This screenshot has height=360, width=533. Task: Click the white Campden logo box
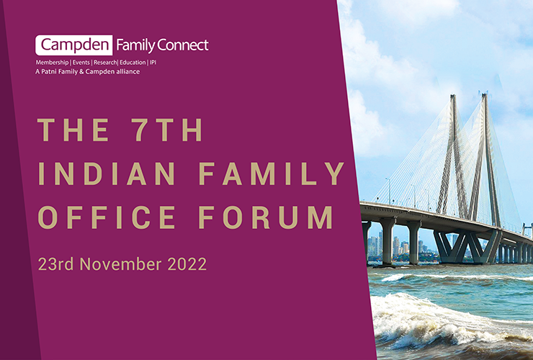(73, 45)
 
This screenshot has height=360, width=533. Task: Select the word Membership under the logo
(52, 63)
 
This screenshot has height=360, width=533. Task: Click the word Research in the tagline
(105, 63)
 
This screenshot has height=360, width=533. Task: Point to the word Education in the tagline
(133, 63)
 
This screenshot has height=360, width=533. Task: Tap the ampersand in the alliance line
(81, 71)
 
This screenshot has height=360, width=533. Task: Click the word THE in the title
(73, 130)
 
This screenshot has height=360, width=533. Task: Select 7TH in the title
(167, 130)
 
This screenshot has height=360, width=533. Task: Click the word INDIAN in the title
(107, 174)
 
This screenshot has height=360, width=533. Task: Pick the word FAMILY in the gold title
(272, 174)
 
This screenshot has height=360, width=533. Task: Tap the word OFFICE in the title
(107, 217)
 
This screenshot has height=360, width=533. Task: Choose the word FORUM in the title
(266, 217)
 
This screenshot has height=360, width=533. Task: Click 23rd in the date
(55, 264)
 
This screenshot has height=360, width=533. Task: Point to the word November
(120, 264)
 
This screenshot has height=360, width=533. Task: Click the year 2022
(187, 264)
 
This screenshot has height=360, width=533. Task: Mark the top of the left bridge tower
(453, 96)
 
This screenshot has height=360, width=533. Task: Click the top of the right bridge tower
(485, 94)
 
